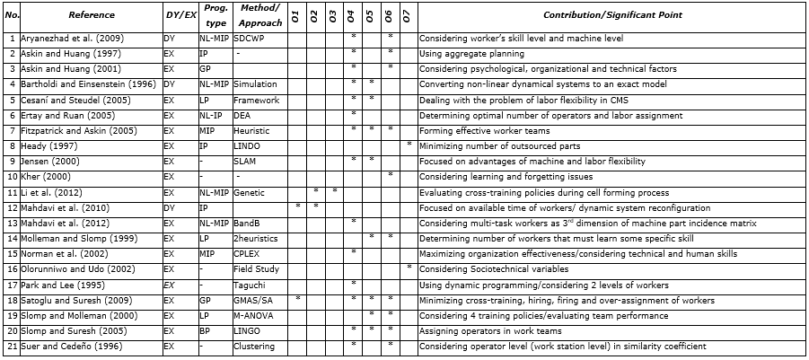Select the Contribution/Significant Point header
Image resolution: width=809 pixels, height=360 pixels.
[612, 15]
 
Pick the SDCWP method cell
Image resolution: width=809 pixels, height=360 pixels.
[249, 39]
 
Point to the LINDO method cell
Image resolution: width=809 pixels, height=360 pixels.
[247, 145]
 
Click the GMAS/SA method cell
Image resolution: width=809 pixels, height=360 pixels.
[252, 300]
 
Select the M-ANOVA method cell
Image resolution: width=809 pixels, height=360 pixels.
[251, 316]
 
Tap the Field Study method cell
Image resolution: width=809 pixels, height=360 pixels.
[254, 269]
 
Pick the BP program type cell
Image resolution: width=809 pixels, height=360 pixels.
[205, 331]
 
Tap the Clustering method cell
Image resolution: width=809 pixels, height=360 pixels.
[252, 347]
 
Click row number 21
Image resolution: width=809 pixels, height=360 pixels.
[12, 347]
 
